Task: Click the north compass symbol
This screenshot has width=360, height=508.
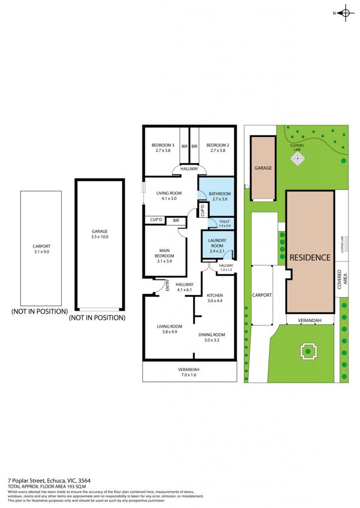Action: tap(345, 13)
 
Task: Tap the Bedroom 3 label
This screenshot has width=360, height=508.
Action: tap(163, 148)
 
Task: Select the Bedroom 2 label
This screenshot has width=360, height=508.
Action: tap(218, 148)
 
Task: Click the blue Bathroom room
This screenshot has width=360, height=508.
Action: tap(216, 197)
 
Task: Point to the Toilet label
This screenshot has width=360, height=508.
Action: tap(224, 224)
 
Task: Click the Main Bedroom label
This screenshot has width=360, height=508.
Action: tap(164, 255)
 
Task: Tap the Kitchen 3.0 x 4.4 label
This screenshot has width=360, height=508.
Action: tap(215, 298)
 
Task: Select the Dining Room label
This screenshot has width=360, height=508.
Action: tap(212, 337)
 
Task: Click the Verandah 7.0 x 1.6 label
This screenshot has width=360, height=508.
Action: tap(188, 372)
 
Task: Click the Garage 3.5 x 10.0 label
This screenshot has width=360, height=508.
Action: tap(100, 234)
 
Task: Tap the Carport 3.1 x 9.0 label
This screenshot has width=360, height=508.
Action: tap(42, 249)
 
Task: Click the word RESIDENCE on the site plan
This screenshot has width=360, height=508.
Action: tap(310, 257)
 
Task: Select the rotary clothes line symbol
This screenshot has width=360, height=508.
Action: tap(298, 159)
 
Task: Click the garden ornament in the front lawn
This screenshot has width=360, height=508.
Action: tap(308, 351)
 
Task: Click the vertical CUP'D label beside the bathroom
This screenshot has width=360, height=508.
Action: tap(203, 210)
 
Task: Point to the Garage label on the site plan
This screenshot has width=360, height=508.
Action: tap(263, 168)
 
